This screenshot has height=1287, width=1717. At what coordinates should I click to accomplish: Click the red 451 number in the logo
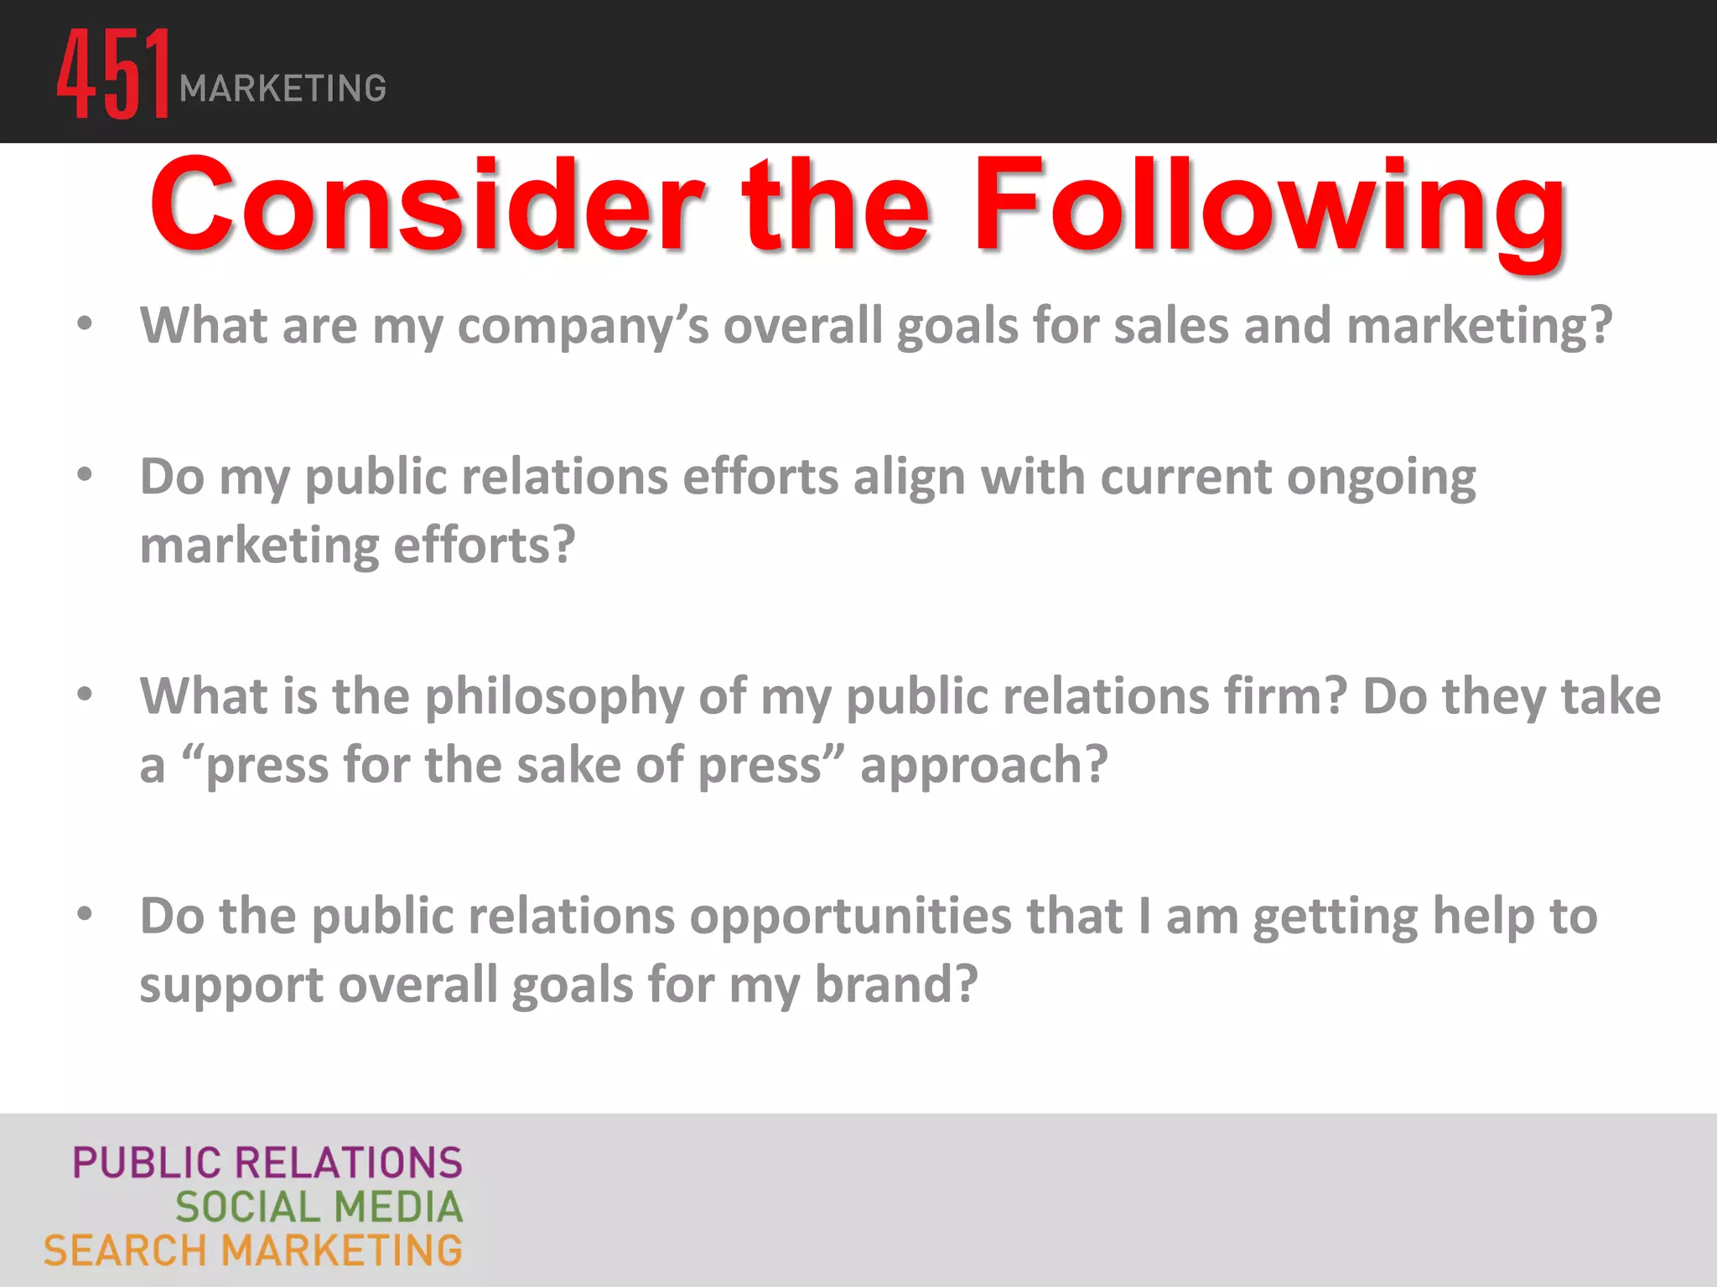tap(114, 74)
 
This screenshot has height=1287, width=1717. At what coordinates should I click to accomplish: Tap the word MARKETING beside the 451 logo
tap(283, 89)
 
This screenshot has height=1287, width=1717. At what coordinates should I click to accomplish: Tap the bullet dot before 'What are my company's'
tap(85, 323)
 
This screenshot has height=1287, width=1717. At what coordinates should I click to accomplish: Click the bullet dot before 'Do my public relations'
tap(85, 475)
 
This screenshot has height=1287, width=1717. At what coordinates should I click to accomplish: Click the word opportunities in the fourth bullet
tap(850, 917)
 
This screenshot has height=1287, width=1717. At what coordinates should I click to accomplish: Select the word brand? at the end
tap(896, 984)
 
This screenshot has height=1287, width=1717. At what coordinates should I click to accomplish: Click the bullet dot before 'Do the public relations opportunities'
tap(85, 914)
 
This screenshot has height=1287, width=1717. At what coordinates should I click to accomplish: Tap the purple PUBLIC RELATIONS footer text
tap(267, 1163)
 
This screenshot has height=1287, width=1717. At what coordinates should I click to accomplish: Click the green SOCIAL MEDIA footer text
tap(319, 1207)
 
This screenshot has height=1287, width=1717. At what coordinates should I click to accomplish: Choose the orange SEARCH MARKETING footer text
tap(253, 1251)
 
